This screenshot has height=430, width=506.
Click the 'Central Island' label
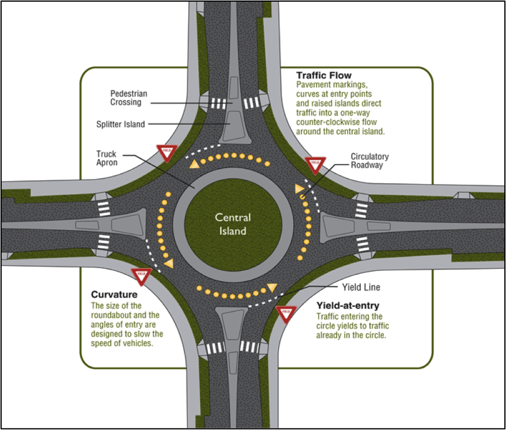pos(233,224)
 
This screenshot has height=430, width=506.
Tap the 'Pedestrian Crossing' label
pos(126,98)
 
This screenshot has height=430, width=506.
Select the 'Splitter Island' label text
pos(120,124)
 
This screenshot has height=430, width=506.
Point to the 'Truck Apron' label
pos(107,158)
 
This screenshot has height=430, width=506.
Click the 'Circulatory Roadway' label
pos(369,161)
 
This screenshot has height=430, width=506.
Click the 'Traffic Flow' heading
pos(323,75)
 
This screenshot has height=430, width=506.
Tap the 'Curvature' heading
pos(114,294)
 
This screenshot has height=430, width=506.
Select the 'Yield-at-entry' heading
pos(347,305)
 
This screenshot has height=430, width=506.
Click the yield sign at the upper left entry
pos(166,151)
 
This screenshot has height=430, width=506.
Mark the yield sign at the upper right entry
pos(315,164)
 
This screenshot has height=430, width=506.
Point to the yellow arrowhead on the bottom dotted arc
pos(272,287)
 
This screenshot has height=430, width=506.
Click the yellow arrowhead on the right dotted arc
pos(299,189)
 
